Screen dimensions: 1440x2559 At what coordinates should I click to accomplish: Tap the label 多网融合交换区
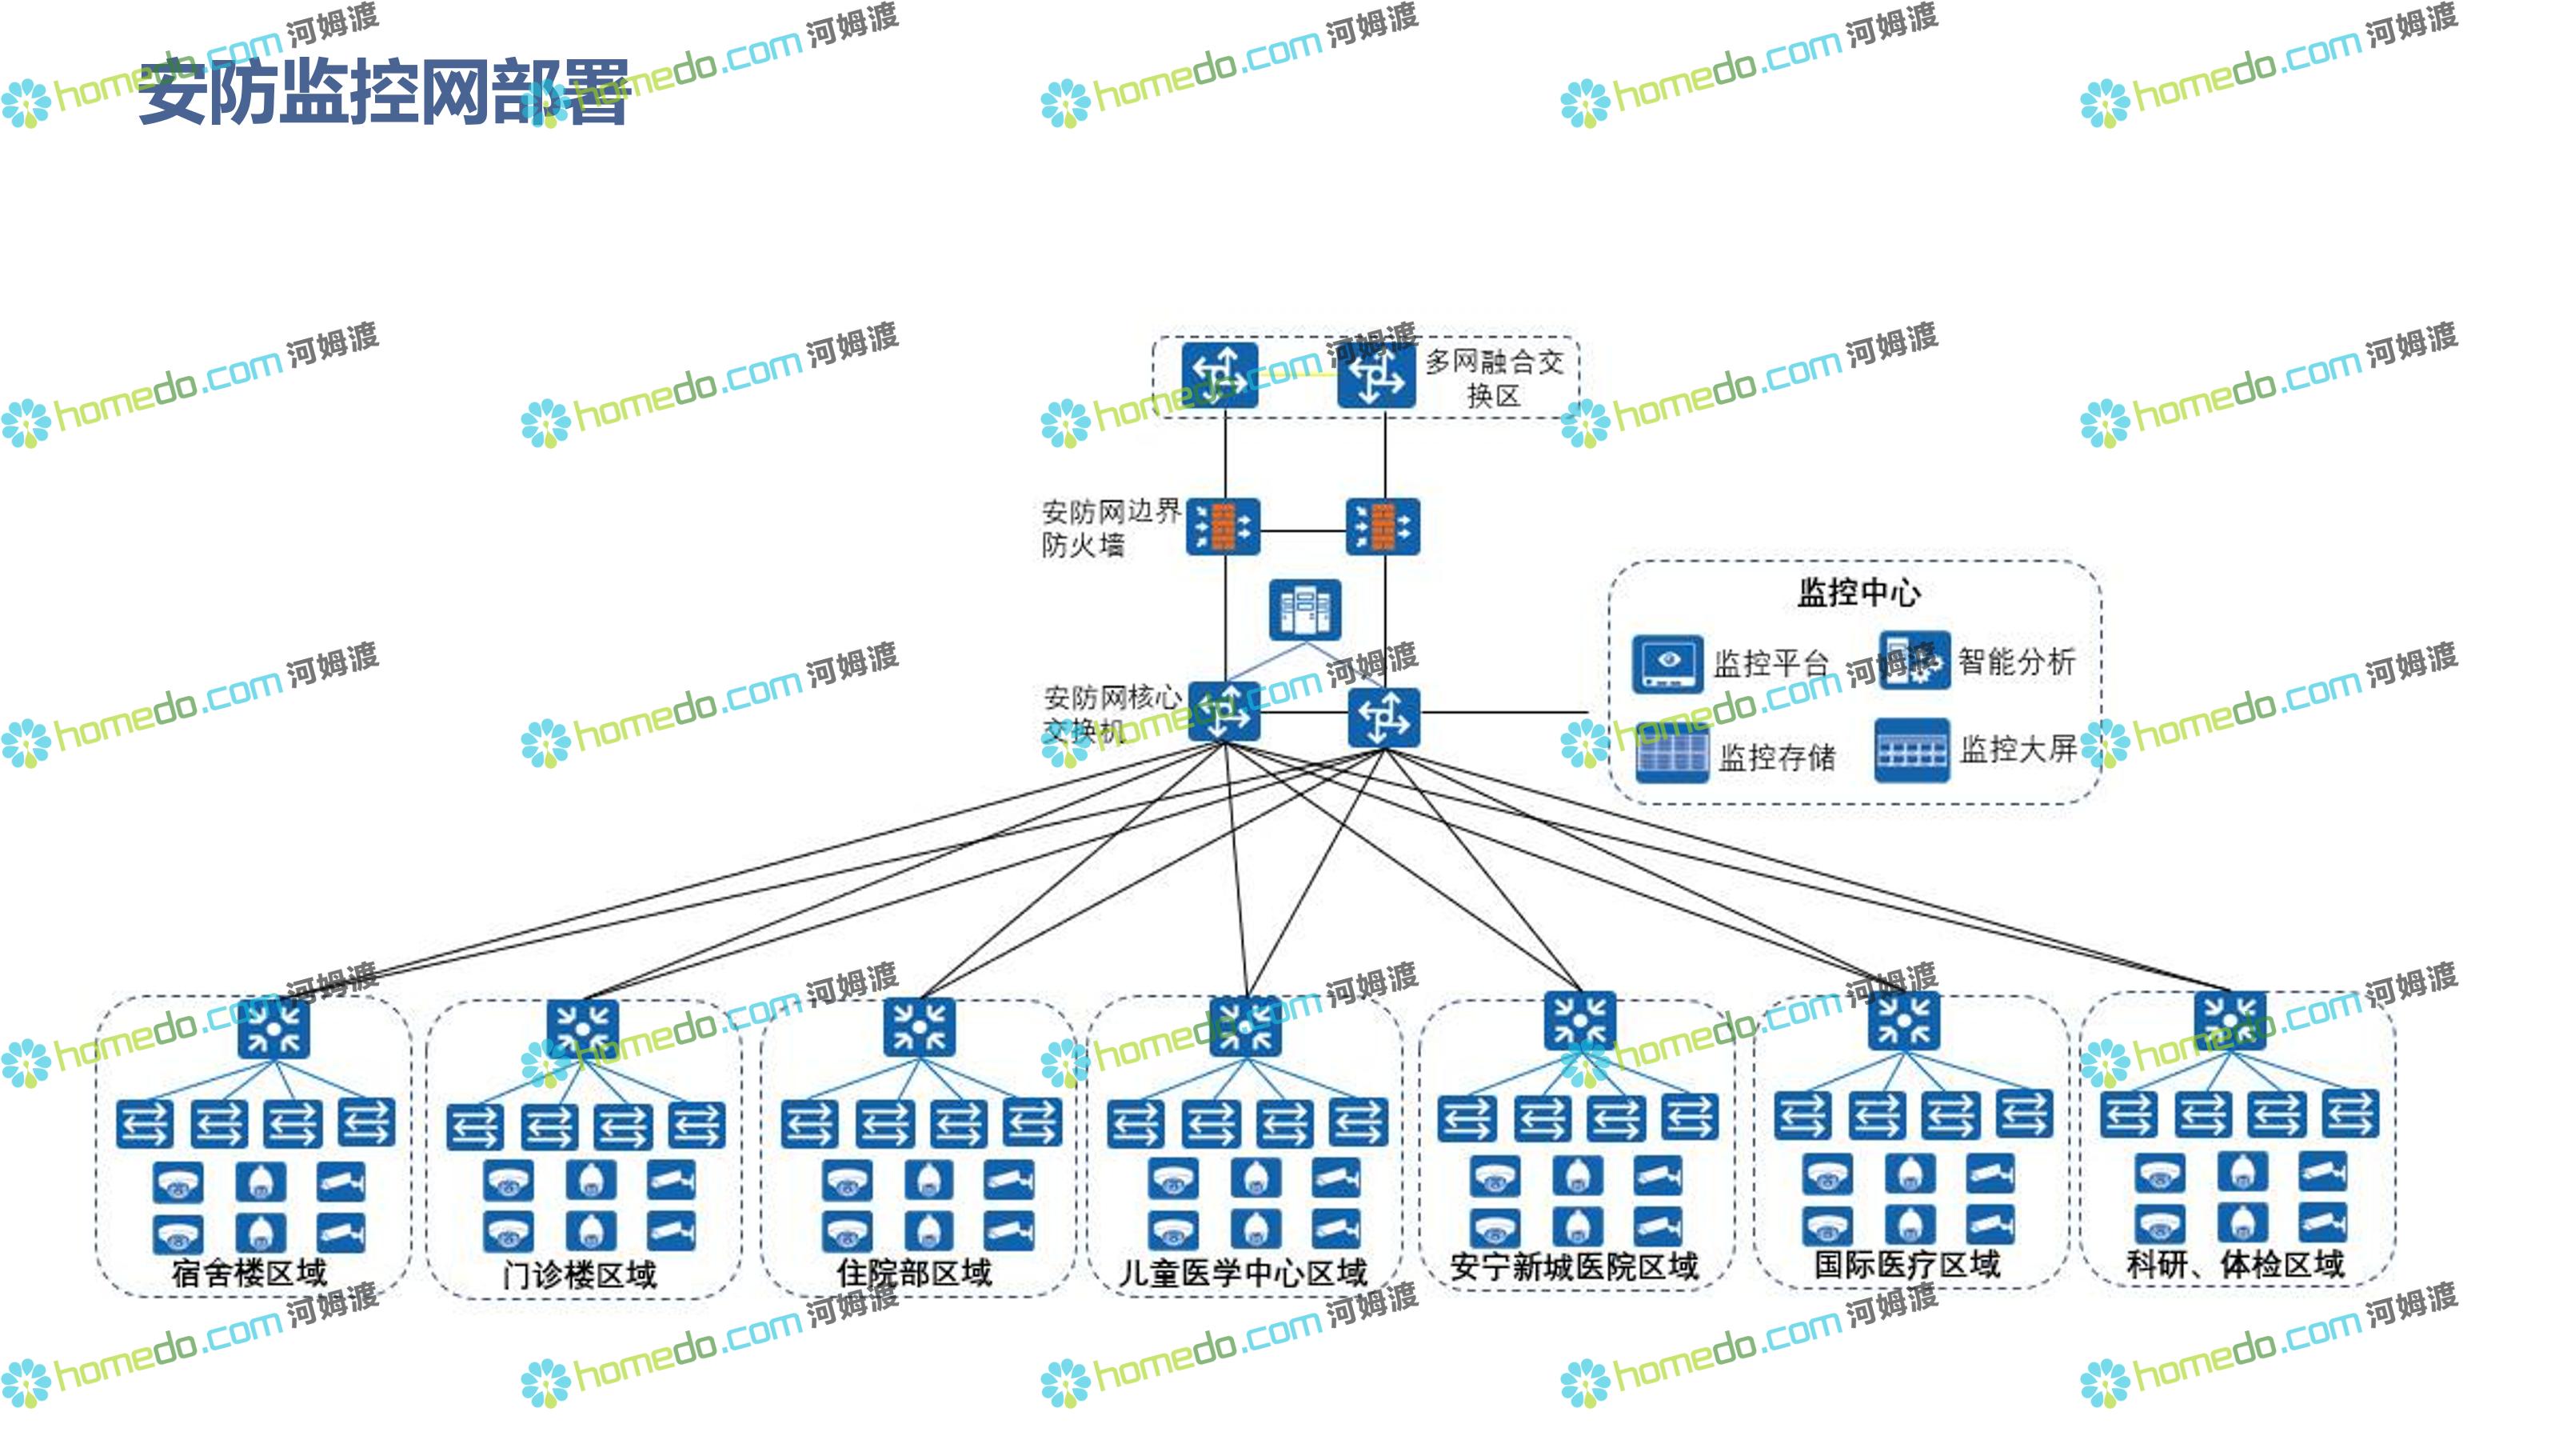[x=1494, y=378]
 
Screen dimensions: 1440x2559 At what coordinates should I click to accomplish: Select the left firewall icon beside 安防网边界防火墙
[x=1223, y=526]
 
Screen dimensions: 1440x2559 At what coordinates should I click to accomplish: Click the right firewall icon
[x=1383, y=526]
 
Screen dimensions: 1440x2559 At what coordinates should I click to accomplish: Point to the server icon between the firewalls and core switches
[x=1305, y=609]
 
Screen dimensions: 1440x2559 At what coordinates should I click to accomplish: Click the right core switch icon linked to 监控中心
[x=1383, y=717]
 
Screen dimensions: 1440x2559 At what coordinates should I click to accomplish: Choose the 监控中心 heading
[x=1858, y=592]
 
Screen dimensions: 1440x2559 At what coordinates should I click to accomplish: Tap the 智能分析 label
[x=2017, y=661]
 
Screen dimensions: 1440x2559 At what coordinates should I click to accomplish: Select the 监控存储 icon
[x=1672, y=752]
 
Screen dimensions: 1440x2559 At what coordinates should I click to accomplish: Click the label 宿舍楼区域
[x=249, y=1272]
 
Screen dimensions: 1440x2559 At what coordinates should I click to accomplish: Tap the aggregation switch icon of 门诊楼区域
[x=582, y=1029]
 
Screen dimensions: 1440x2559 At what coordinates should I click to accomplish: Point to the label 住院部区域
[x=914, y=1272]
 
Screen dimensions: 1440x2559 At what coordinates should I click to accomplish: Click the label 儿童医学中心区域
[x=1243, y=1272]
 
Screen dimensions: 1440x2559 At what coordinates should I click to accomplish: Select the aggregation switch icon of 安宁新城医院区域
[x=1579, y=1021]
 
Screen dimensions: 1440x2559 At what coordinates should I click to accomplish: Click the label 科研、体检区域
[x=2235, y=1264]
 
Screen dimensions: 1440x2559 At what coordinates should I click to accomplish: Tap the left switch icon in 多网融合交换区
[x=1220, y=376]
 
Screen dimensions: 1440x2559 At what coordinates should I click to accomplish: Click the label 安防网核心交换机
[x=1111, y=714]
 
